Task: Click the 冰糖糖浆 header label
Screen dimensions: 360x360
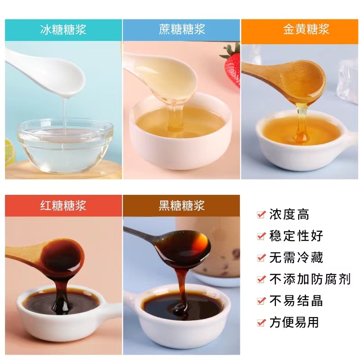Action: pos(63,30)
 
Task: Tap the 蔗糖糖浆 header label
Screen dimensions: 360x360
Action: pos(182,30)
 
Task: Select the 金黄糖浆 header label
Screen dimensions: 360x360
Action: pos(306,29)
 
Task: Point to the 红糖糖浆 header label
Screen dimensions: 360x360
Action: pos(63,206)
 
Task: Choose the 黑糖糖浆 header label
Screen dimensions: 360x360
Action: pos(182,206)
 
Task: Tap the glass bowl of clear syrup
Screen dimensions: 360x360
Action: pos(65,145)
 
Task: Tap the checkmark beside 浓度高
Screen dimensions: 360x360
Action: pos(261,215)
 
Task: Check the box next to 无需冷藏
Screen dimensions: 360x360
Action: pos(261,257)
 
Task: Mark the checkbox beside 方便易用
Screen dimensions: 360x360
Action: pos(261,323)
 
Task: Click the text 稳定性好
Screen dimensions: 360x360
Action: pos(296,236)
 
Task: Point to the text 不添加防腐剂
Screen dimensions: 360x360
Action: pos(310,279)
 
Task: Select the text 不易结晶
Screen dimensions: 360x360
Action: pos(296,301)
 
